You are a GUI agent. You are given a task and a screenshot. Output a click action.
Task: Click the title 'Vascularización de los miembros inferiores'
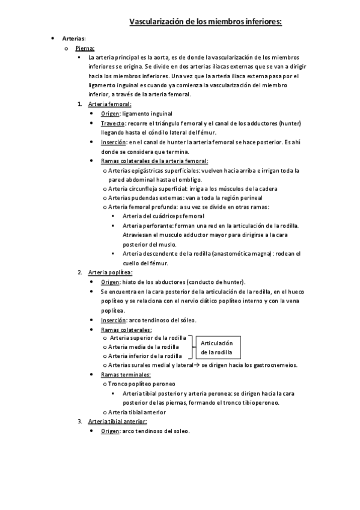(206, 22)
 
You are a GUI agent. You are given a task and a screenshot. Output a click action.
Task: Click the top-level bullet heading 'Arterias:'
(74, 38)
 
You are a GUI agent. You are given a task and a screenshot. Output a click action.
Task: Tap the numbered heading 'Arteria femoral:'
(109, 104)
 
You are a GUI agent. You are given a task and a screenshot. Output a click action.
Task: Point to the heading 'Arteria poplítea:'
(110, 272)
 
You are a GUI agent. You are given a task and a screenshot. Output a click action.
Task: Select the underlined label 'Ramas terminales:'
(126, 374)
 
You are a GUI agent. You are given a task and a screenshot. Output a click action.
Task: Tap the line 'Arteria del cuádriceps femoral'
(163, 216)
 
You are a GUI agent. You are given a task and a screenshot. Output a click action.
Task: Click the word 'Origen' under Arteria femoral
(110, 114)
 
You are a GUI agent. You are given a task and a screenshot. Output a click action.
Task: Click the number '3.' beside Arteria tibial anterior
(80, 421)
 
